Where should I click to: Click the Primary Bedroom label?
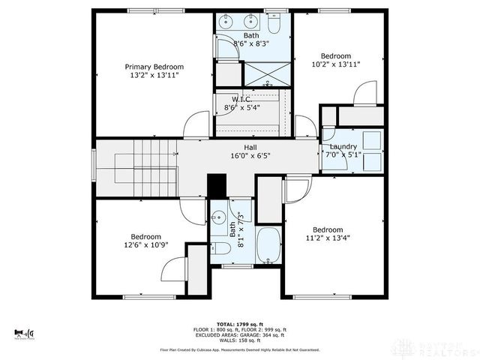pos(154,67)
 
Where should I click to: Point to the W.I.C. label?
pos(241,99)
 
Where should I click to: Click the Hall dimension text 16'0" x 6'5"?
pos(251,156)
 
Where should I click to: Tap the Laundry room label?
pos(343,146)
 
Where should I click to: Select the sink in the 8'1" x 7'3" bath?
pos(218,219)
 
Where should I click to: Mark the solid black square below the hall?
pos(217,185)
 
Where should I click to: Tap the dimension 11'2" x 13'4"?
pos(328,238)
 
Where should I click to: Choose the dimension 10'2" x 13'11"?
pos(335,64)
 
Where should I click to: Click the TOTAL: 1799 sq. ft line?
pos(240,324)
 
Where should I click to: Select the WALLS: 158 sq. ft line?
pos(240,340)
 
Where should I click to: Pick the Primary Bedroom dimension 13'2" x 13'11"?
pos(154,76)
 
